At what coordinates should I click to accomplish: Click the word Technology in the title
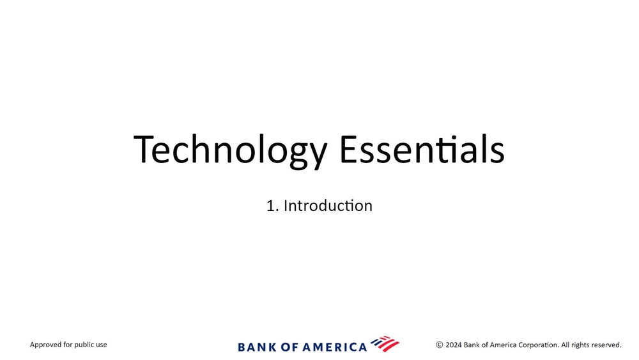pos(230,150)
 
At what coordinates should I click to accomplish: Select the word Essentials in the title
pos(422,149)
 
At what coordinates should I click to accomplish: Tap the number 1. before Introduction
pos(273,206)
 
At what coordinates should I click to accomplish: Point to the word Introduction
pos(328,205)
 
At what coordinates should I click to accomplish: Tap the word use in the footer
pos(102,345)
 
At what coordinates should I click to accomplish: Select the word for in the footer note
pos(68,345)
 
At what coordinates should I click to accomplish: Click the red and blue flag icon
pos(385,343)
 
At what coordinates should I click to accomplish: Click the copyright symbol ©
pos(440,345)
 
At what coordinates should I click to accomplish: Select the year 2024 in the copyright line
pos(454,345)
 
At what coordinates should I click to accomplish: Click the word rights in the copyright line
pos(580,345)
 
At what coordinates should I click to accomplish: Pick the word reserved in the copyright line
pos(606,345)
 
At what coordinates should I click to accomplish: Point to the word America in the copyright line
pos(503,345)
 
